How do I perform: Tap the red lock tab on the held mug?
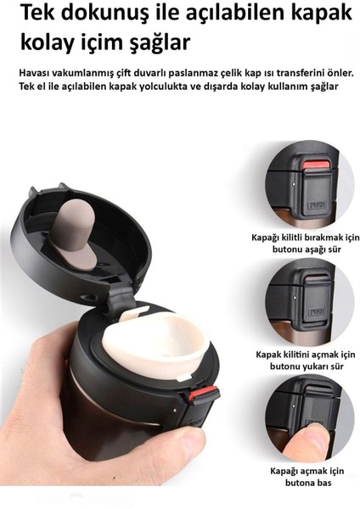coord(203,394)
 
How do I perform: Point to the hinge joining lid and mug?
coord(121,298)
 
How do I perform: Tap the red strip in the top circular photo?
coord(317,165)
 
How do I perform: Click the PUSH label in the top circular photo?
coord(317,204)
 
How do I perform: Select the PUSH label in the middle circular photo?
coord(316,311)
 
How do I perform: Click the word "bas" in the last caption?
coord(324,483)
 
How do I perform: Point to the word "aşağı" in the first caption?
coord(314,250)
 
